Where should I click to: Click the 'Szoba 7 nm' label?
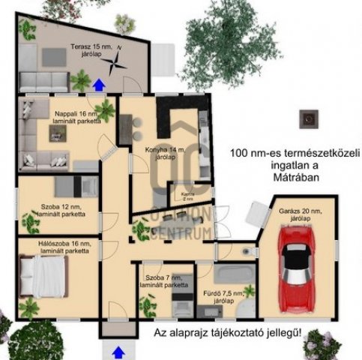166,281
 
